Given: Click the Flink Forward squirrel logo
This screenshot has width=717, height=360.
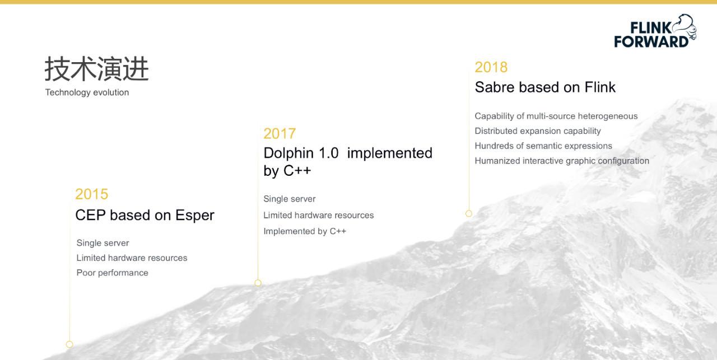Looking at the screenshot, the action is coord(655,31).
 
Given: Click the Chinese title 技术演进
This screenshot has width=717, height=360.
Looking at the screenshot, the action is coord(97,69).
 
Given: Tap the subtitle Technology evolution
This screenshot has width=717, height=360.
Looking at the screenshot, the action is coord(87,92).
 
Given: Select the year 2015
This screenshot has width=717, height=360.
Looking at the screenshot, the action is coord(92,194).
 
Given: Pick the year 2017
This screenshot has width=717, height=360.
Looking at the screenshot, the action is coord(280,134).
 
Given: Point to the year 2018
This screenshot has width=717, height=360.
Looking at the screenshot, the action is coord(491,67).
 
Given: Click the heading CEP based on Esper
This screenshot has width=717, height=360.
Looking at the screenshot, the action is coord(145,215).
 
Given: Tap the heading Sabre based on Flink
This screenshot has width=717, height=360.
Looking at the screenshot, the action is coord(545,87).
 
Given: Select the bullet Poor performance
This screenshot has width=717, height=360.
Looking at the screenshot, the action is coord(113,273).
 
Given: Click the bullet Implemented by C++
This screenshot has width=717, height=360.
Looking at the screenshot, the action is coord(305,231).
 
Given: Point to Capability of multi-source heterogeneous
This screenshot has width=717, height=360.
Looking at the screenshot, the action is coord(556,116).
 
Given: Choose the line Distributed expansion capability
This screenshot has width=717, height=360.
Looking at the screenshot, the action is coord(538,131).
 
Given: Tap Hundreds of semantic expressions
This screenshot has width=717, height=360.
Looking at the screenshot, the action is coord(543,146).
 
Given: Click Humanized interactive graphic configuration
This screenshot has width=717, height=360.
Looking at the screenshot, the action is coord(562,161).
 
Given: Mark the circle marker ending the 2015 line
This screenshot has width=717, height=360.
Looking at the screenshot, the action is coord(69,344).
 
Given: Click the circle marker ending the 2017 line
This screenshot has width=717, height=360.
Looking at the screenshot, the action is coord(258,283).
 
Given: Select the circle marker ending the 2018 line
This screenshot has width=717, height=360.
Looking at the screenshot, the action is coord(469,213).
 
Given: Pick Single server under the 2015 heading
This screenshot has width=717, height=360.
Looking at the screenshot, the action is coord(103,243).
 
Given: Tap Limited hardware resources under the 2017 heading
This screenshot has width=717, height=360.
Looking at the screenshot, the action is coord(319,216).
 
